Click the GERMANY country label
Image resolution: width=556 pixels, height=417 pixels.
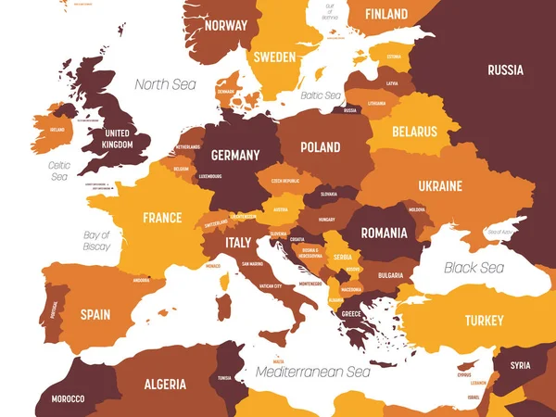[234, 155]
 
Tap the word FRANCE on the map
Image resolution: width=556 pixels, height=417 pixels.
[162, 218]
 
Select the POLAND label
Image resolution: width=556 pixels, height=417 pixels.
[320, 146]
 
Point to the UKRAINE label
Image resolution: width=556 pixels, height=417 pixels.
[440, 186]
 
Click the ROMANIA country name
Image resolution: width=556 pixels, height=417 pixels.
[384, 233]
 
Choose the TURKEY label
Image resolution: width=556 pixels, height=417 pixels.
[484, 321]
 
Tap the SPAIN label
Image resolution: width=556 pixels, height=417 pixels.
[95, 314]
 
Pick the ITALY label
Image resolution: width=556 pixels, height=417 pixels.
[238, 243]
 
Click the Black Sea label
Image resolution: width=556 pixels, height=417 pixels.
[474, 268]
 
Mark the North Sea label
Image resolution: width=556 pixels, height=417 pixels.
[166, 84]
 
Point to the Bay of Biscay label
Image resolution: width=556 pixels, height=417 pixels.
[96, 241]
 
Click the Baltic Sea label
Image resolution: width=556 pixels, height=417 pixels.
[322, 95]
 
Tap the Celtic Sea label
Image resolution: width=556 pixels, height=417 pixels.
[59, 171]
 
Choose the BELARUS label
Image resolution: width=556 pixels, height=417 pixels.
[414, 132]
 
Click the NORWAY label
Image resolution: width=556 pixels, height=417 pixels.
[227, 25]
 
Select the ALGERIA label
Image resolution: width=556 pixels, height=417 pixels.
[165, 384]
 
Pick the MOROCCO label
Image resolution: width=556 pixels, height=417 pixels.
[66, 398]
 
